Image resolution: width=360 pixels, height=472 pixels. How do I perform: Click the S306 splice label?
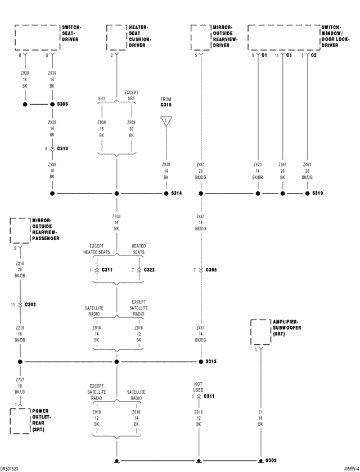pyautogui.click(x=62, y=104)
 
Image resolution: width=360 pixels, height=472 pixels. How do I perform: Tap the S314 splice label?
pyautogui.click(x=176, y=193)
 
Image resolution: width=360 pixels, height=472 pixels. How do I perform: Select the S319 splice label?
pyautogui.click(x=317, y=193)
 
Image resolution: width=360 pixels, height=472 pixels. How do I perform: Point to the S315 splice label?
pyautogui.click(x=211, y=362)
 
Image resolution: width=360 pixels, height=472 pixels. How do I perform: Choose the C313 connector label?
pyautogui.click(x=62, y=149)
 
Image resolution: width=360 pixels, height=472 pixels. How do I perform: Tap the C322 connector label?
pyautogui.click(x=150, y=270)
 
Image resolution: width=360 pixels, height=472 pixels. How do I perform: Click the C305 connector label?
pyautogui.click(x=211, y=270)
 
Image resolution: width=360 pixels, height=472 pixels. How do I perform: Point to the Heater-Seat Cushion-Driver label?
pyautogui.click(x=140, y=36)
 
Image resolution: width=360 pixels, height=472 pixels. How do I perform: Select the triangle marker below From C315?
pyautogui.click(x=166, y=120)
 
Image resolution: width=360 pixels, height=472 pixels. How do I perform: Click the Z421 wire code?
pyautogui.click(x=258, y=165)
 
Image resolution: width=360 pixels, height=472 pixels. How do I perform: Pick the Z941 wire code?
pyautogui.click(x=282, y=165)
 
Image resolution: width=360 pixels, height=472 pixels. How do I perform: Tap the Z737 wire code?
pyautogui.click(x=20, y=380)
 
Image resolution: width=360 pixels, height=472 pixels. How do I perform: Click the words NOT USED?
pyautogui.click(x=198, y=387)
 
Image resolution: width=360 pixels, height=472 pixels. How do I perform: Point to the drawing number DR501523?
pyautogui.click(x=12, y=468)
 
